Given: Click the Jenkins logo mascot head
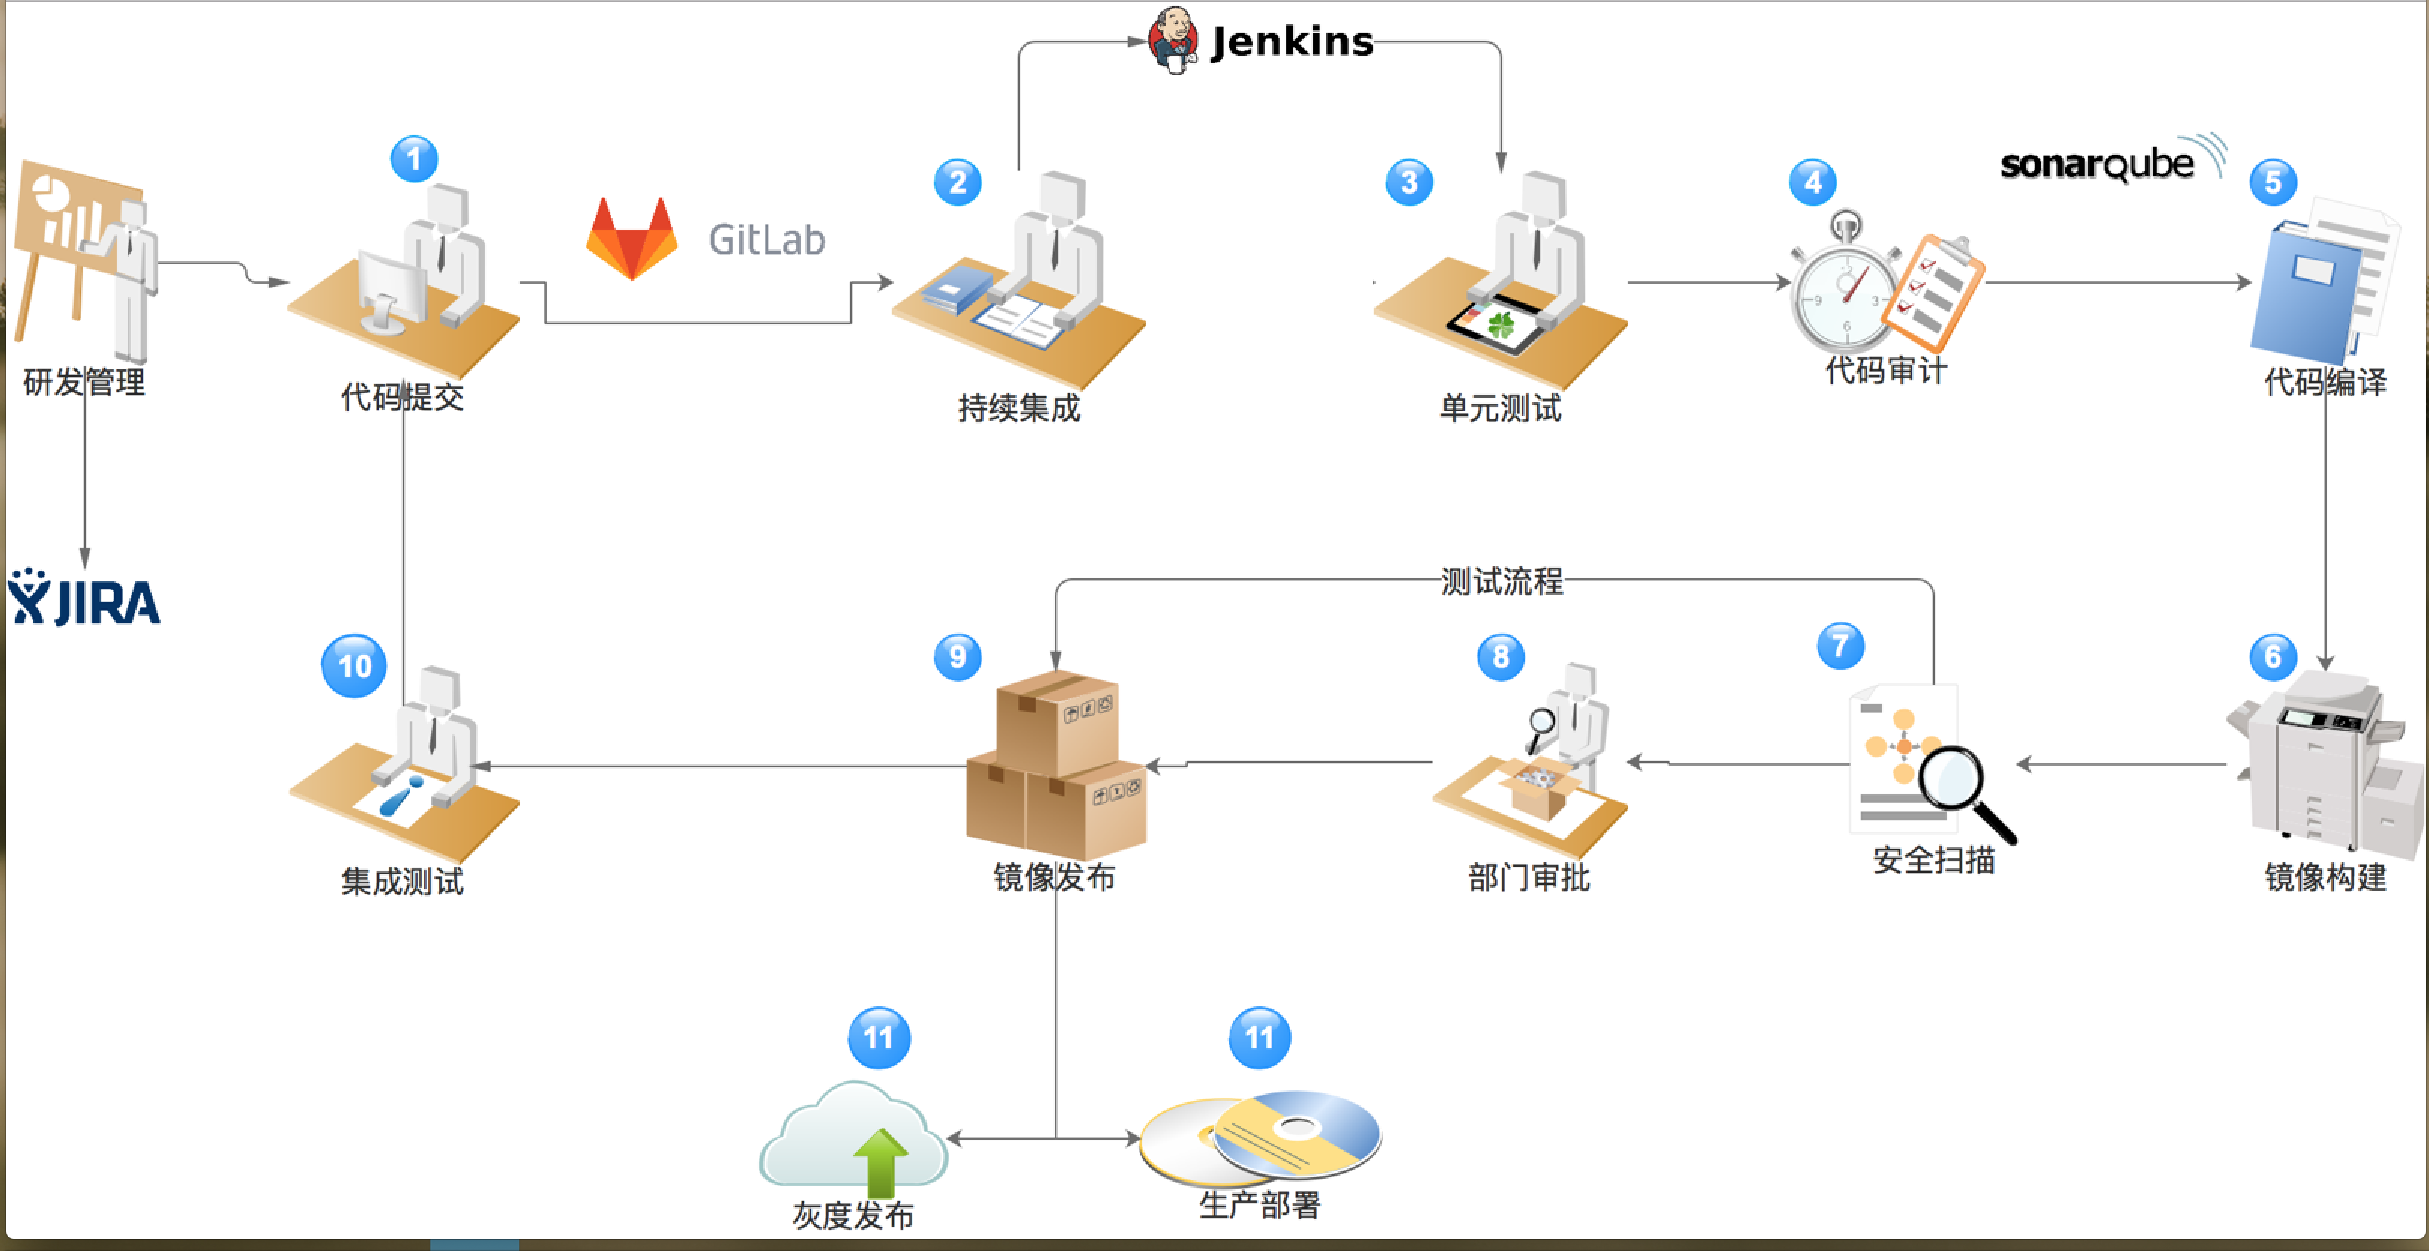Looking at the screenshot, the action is pyautogui.click(x=1173, y=38).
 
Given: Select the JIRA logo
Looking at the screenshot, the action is pyautogui.click(x=84, y=598).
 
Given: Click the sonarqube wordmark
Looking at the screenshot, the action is pyautogui.click(x=2097, y=164).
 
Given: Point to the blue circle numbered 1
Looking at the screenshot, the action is pyautogui.click(x=414, y=158).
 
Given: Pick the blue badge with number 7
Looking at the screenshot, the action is pyautogui.click(x=1839, y=646).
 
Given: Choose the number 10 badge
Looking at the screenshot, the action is pyautogui.click(x=354, y=665).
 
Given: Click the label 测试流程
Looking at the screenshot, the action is pyautogui.click(x=1501, y=580).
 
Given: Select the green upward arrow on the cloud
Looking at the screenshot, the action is pyautogui.click(x=880, y=1162).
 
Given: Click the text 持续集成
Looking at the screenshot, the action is pyautogui.click(x=1018, y=408).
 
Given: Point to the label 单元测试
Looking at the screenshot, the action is pyautogui.click(x=1499, y=408).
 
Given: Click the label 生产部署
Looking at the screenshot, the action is pyautogui.click(x=1260, y=1204).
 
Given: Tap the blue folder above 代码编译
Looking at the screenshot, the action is pyautogui.click(x=2306, y=292).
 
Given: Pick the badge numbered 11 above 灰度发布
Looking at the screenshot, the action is pyautogui.click(x=879, y=1037).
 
